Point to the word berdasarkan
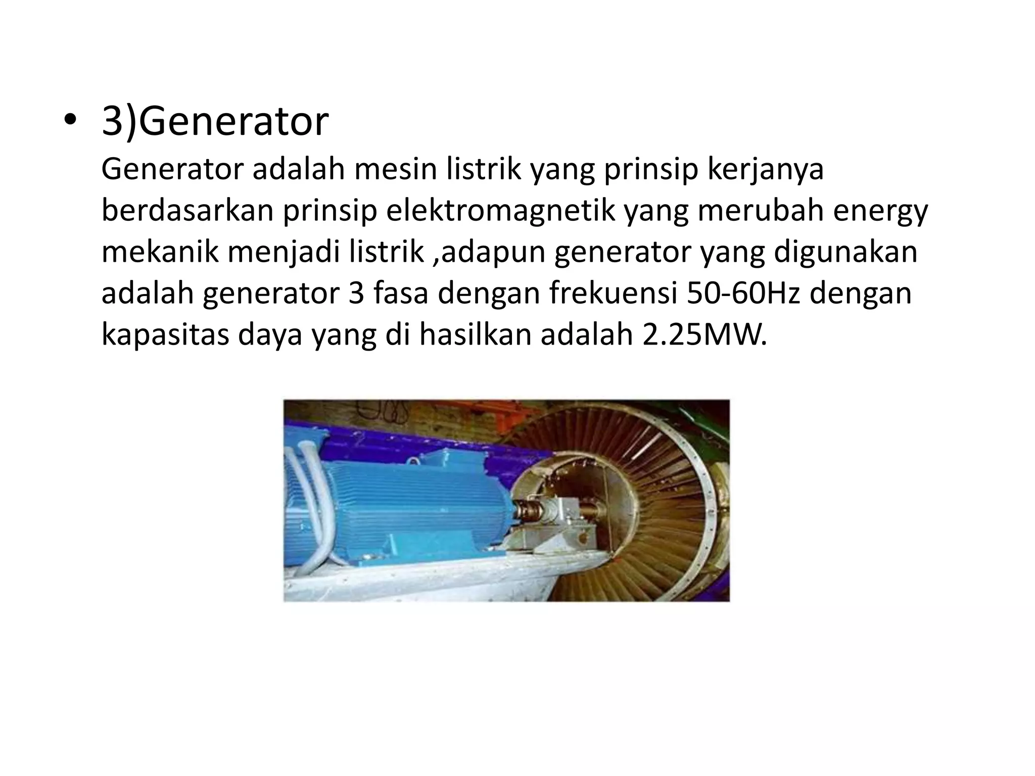coord(187,211)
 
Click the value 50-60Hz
coord(743,294)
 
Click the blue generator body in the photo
coord(404,510)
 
